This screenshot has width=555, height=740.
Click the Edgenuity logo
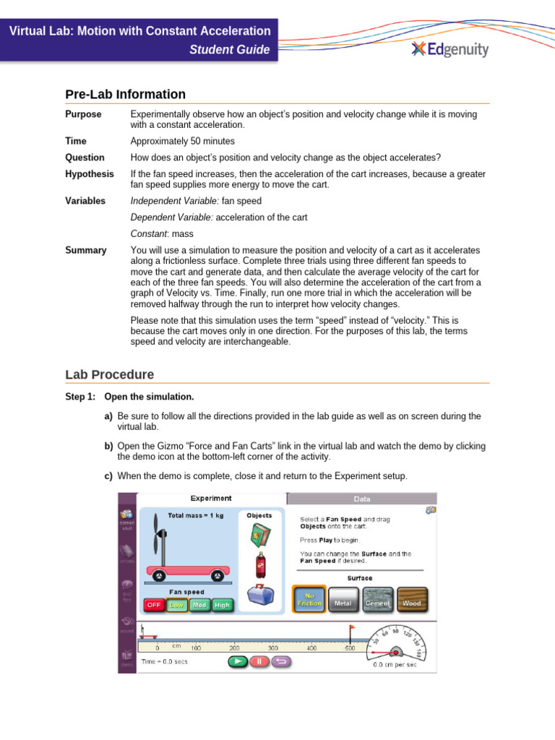[x=449, y=49]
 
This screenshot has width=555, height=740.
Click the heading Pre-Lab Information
[x=125, y=95]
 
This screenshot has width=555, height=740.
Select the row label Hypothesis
[x=90, y=174]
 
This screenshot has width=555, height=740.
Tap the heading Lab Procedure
[x=109, y=375]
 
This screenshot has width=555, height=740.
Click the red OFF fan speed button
[x=154, y=604]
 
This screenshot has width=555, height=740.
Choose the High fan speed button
[x=223, y=604]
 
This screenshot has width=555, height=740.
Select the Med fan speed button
[x=199, y=604]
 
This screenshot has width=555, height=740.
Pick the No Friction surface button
[x=309, y=599]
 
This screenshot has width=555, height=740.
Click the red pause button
[x=259, y=661]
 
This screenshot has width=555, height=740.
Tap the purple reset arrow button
[x=281, y=661]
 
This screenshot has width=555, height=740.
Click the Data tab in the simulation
[x=361, y=499]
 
